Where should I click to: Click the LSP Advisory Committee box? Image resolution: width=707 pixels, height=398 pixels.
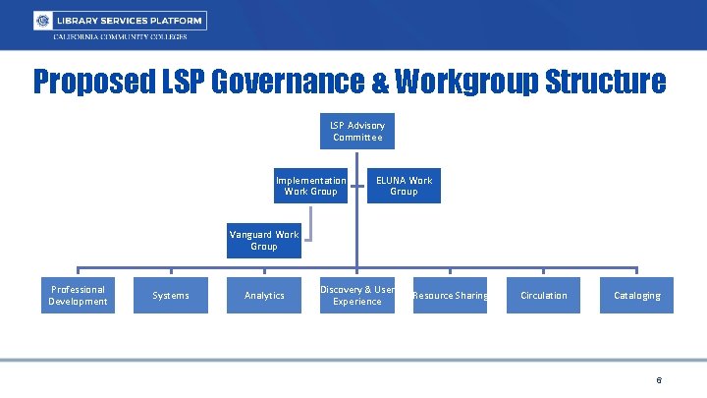pyautogui.click(x=357, y=132)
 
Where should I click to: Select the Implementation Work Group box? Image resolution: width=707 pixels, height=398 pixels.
pyautogui.click(x=310, y=186)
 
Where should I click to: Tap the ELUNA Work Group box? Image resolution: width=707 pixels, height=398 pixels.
pyautogui.click(x=404, y=186)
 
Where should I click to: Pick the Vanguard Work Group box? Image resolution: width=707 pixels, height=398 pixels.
pyautogui.click(x=264, y=241)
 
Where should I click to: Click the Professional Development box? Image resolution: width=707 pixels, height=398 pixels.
pyautogui.click(x=78, y=296)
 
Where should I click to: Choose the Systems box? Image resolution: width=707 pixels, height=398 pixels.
pyautogui.click(x=171, y=296)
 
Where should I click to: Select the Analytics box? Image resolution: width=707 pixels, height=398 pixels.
pyautogui.click(x=264, y=296)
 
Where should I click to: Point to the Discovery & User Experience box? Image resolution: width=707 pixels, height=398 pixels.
pyautogui.click(x=357, y=296)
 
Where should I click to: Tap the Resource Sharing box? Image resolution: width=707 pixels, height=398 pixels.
pyautogui.click(x=450, y=296)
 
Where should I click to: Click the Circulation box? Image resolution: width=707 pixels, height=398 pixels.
pyautogui.click(x=543, y=296)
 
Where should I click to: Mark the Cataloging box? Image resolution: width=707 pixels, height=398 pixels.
pyautogui.click(x=636, y=296)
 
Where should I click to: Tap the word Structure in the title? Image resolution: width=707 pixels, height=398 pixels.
pyautogui.click(x=611, y=81)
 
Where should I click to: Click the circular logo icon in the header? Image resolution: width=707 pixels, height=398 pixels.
pyautogui.click(x=42, y=21)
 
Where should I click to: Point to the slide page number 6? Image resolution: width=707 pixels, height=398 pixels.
pyautogui.click(x=659, y=380)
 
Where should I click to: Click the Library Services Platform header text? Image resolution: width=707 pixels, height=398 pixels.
pyautogui.click(x=130, y=21)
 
